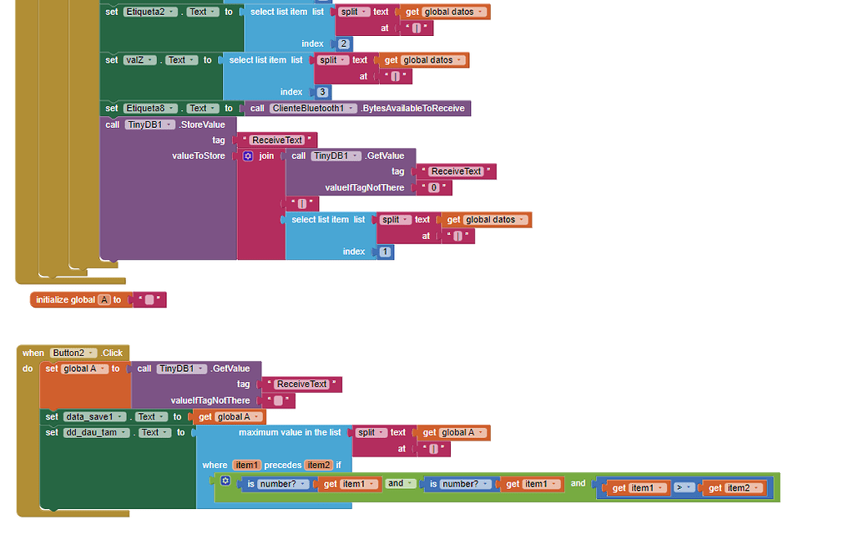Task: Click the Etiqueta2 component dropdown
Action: click(150, 12)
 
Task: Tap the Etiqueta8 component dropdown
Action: click(150, 109)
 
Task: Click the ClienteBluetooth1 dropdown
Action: click(313, 109)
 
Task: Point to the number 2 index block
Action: click(344, 43)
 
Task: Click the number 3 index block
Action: click(322, 92)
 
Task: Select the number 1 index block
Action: click(384, 252)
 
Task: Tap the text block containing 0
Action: click(433, 188)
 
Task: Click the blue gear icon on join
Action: click(248, 156)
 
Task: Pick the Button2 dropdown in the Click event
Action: click(73, 353)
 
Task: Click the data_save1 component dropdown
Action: click(95, 417)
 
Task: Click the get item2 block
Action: click(735, 488)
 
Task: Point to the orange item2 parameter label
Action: click(319, 465)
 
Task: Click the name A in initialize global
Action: click(104, 300)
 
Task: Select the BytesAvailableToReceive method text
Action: click(413, 109)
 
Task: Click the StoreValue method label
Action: click(202, 125)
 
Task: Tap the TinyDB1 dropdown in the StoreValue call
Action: click(150, 125)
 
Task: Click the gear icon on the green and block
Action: click(225, 481)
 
